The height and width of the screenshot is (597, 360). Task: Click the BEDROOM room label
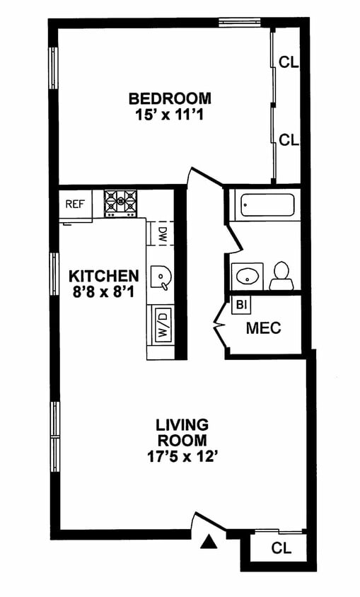[x=170, y=98]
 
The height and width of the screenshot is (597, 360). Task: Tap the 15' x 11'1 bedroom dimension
[x=169, y=114]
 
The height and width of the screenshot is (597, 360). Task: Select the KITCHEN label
[x=103, y=275]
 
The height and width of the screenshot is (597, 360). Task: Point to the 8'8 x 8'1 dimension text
[x=103, y=291]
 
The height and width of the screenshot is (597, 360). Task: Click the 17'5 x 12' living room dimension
[x=182, y=456]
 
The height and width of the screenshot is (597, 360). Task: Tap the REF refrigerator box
[x=76, y=204]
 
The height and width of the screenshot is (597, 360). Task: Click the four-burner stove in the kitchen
[x=121, y=203]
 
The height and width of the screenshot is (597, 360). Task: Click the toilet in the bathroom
[x=281, y=276]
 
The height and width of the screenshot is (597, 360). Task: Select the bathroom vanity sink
[x=248, y=277]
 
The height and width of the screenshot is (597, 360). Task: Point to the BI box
[x=240, y=305]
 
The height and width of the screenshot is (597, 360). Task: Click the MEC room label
[x=263, y=328]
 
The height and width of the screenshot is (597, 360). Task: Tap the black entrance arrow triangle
[x=209, y=542]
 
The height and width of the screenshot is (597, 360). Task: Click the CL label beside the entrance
[x=281, y=548]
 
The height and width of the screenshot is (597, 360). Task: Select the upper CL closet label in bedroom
[x=289, y=62]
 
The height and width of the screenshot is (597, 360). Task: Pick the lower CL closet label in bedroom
[x=289, y=140]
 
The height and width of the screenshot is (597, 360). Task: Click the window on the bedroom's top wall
[x=239, y=23]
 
